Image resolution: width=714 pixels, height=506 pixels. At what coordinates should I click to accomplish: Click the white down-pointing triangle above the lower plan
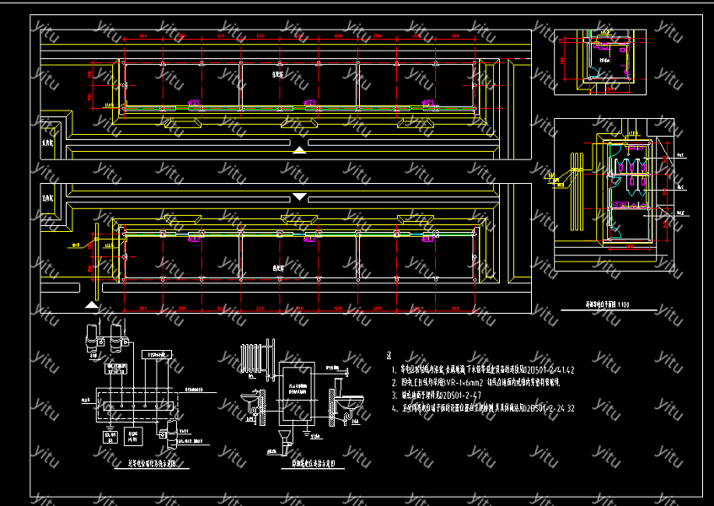click(x=300, y=196)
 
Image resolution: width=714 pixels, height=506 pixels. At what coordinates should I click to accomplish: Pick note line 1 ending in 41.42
click(x=480, y=369)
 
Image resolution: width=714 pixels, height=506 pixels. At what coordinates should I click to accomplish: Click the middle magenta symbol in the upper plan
click(x=312, y=105)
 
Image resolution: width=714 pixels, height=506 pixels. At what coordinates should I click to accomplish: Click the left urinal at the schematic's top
click(x=92, y=340)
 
